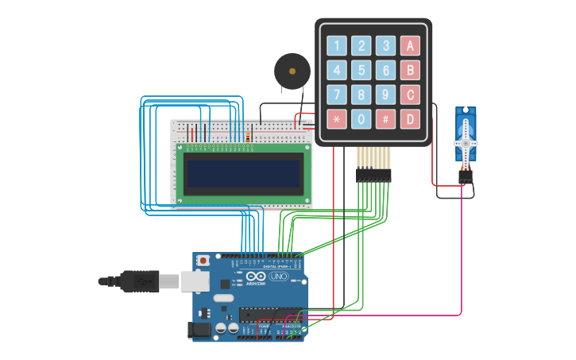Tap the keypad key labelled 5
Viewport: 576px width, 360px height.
tap(361, 70)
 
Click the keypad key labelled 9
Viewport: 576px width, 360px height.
tap(385, 95)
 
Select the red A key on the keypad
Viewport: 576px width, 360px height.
tap(410, 45)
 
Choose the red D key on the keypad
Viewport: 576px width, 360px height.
tap(410, 119)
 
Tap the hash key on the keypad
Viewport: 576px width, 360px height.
tap(385, 119)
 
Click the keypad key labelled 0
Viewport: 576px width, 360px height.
tap(361, 119)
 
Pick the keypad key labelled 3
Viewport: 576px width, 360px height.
tap(385, 45)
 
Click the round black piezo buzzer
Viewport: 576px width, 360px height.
tap(292, 72)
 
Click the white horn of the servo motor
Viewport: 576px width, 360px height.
tap(466, 143)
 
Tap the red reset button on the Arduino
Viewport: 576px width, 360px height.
tap(203, 260)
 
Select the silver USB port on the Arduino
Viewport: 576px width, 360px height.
tap(195, 281)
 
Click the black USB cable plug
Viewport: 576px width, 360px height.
tap(139, 281)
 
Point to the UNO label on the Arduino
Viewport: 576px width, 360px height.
tap(278, 277)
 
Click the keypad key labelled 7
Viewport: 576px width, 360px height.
tap(337, 95)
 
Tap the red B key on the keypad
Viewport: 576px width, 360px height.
tap(410, 70)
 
